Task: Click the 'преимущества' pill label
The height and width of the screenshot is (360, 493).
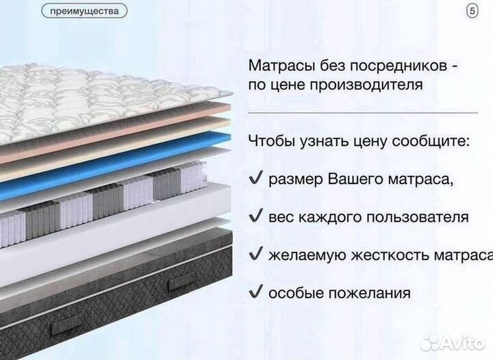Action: pos(84,12)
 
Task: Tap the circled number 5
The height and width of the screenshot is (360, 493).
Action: pos(472,11)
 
